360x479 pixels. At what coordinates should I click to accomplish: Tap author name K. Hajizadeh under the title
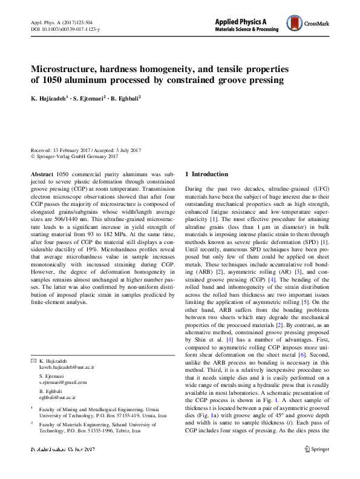coord(50,97)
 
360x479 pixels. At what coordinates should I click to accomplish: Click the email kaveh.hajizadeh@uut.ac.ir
coord(67,350)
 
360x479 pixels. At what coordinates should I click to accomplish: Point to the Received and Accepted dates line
coord(85,150)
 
